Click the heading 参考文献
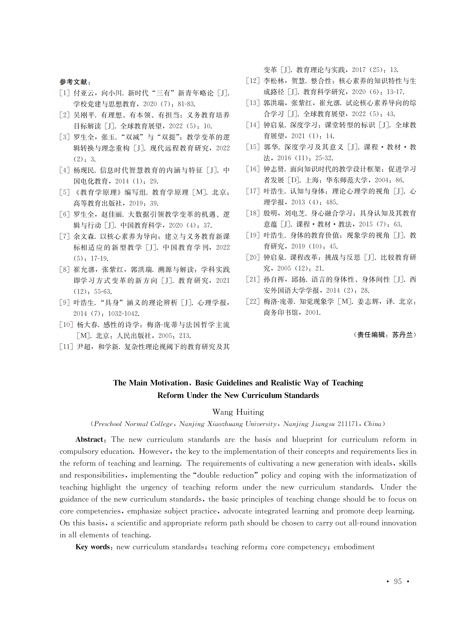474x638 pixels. pos(74,82)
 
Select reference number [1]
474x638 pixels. pos(65,93)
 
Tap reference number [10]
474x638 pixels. pos(66,325)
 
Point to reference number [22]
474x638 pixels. pos(253,301)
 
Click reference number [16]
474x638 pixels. pos(253,169)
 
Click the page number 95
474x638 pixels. pos(398,581)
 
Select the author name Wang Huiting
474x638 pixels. pos(238,412)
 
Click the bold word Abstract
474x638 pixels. pos(89,439)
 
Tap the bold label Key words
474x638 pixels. pos(93,547)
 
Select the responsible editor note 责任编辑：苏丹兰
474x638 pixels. pos(385,335)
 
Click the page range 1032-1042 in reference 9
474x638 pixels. pos(124,313)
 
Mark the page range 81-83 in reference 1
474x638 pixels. pos(186,104)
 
